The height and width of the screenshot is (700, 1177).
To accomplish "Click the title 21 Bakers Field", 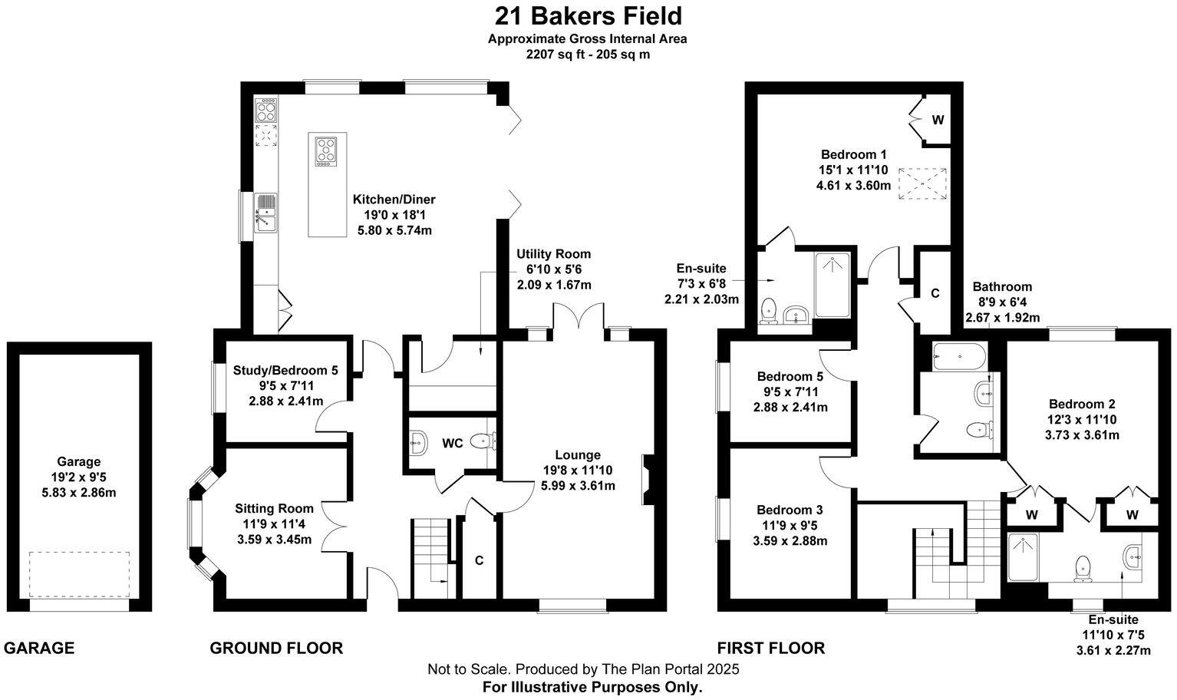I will (x=588, y=16).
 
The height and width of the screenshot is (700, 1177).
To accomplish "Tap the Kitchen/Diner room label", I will (x=394, y=200).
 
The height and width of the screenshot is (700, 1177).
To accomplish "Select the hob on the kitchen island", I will (x=326, y=151).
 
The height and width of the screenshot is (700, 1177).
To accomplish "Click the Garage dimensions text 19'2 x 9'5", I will (x=78, y=477).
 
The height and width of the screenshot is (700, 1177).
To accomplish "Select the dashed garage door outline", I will (x=79, y=573).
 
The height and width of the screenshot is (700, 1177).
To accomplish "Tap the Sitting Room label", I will (x=274, y=508).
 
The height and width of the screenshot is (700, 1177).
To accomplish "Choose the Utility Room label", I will (x=553, y=254).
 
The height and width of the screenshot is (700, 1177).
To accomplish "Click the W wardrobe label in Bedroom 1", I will (x=938, y=121).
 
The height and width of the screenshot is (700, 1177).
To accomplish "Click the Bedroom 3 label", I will (x=790, y=510).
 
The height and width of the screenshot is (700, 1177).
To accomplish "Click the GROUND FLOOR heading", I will (x=276, y=648).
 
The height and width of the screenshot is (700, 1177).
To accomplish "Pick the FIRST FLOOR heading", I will (x=770, y=648).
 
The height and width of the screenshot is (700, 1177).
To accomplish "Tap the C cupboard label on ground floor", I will (x=479, y=560).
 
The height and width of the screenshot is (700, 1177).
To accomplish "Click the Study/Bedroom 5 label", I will (x=285, y=371).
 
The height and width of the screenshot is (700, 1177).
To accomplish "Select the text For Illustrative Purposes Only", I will (x=592, y=687).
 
